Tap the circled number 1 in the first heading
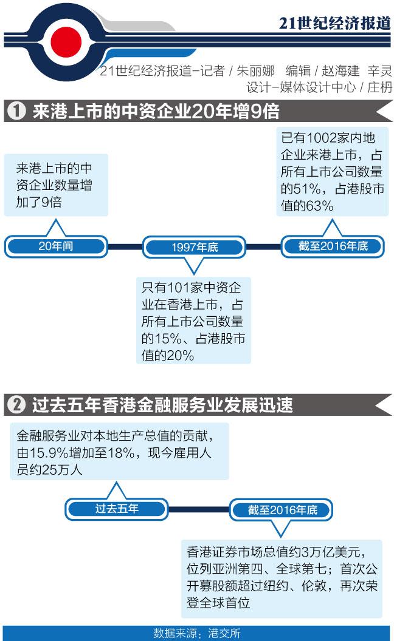18,112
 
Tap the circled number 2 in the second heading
18,405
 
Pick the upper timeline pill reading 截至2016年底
333,246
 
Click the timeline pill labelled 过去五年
117,508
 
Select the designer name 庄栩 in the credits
381,87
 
